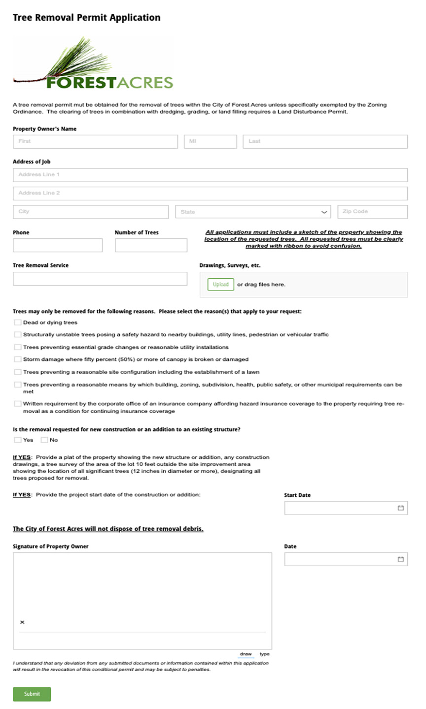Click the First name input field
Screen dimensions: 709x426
[95, 141]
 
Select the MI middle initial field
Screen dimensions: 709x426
[210, 141]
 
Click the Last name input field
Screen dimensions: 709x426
[325, 141]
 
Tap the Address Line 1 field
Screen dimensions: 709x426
[210, 175]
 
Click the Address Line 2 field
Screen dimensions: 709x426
[210, 193]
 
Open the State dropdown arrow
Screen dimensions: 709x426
[324, 212]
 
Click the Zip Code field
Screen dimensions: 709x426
[372, 212]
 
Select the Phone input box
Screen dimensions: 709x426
[58, 245]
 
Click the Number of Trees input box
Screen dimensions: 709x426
[151, 245]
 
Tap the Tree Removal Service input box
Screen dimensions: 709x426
[100, 279]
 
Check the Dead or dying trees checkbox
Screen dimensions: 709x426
[18, 322]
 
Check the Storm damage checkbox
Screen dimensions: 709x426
[18, 359]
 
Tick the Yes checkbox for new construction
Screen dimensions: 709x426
[18, 440]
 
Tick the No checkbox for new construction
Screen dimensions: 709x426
[44, 440]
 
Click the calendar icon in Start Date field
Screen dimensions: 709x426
[401, 508]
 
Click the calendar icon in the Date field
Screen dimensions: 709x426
[401, 559]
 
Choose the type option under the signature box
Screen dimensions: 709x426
[264, 654]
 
